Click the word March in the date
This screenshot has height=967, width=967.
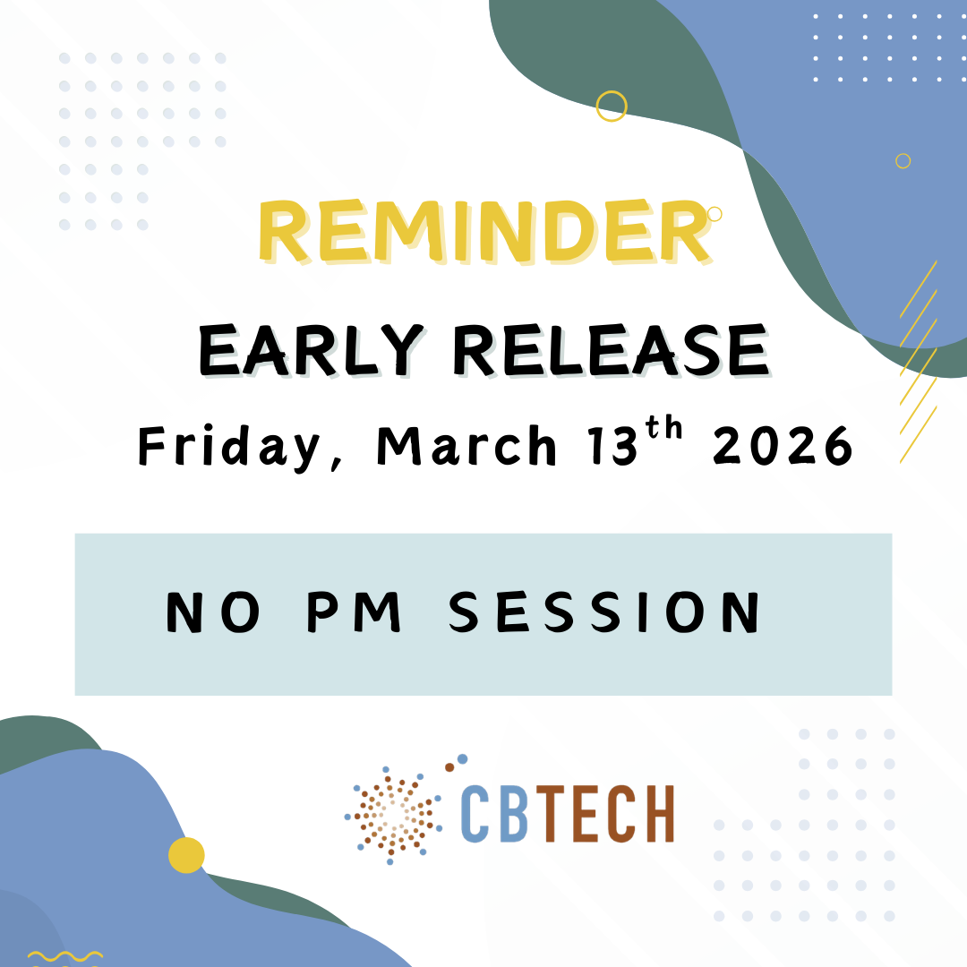click(x=466, y=445)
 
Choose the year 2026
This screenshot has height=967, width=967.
click(x=783, y=445)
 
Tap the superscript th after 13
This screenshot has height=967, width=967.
click(x=664, y=429)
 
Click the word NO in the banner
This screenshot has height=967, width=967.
click(x=213, y=612)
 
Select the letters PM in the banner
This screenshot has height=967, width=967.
click(x=354, y=612)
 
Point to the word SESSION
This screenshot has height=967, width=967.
click(x=603, y=612)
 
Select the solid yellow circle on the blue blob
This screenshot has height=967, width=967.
click(x=186, y=855)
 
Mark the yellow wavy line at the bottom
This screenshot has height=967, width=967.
click(x=65, y=956)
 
